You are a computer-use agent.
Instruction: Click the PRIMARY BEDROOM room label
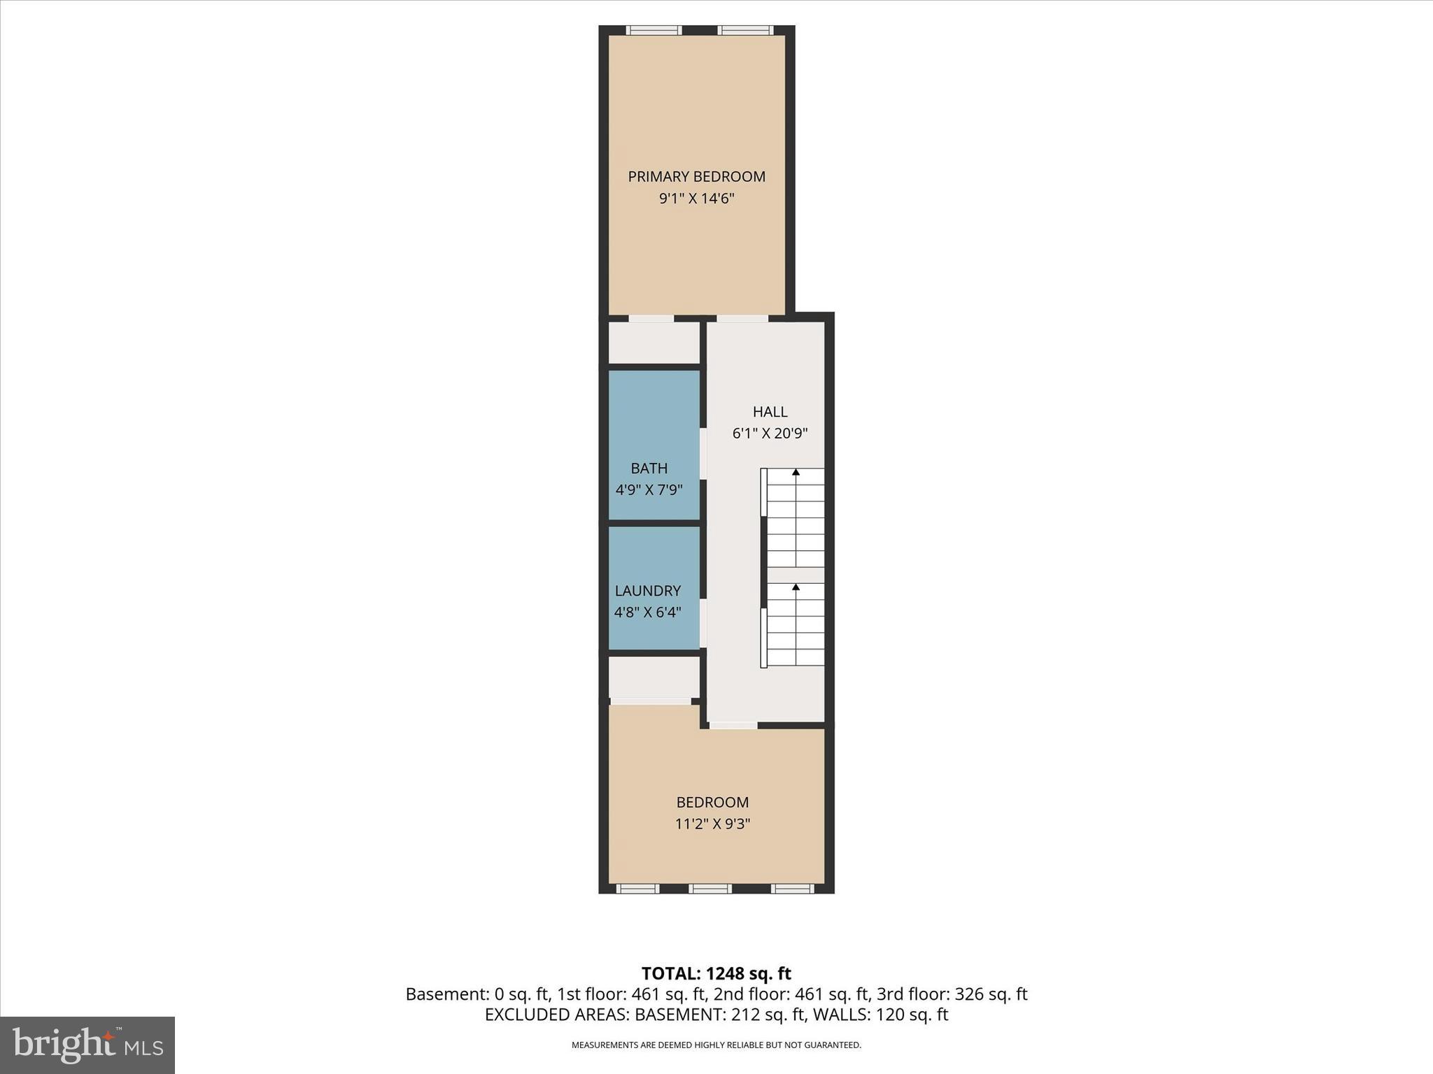pos(696,176)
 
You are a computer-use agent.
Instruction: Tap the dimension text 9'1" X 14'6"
pos(696,199)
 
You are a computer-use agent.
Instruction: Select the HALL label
pos(770,412)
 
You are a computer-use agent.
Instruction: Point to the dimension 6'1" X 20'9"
pos(770,434)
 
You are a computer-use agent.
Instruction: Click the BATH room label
pos(649,468)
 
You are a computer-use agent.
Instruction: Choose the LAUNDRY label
pos(647,591)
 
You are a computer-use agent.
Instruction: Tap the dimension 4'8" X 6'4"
pos(647,613)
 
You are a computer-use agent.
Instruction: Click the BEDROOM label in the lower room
pos(712,802)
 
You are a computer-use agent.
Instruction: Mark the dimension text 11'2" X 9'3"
pos(712,824)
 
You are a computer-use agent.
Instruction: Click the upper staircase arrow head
pos(796,473)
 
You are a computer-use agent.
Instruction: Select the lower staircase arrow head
pos(796,587)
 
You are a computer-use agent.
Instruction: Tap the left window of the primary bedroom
pos(653,30)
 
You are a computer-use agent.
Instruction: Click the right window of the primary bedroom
pos(745,30)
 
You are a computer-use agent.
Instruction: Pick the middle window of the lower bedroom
pos(710,889)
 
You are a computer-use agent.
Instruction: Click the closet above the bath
pos(654,343)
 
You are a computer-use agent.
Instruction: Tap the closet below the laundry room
pos(654,676)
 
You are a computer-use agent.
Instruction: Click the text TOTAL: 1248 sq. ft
pos(716,973)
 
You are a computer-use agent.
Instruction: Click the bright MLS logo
pos(87,1045)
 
